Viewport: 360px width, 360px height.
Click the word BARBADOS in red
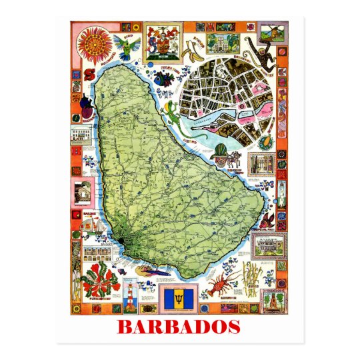tap(179, 327)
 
